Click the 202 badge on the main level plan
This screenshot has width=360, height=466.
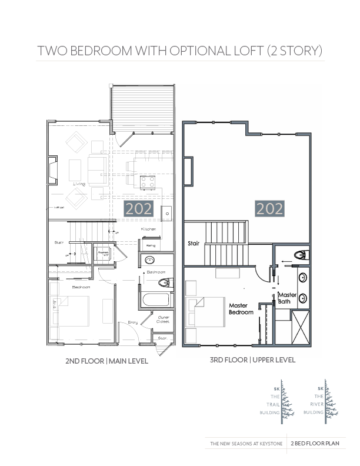click(139, 208)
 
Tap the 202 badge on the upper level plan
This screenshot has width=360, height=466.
click(269, 208)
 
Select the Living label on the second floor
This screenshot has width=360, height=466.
click(79, 184)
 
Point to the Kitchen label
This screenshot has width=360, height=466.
click(148, 229)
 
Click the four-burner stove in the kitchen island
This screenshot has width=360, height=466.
click(148, 182)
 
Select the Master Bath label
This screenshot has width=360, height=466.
click(287, 298)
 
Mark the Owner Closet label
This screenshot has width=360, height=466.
click(164, 319)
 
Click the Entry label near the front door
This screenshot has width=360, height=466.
click(133, 322)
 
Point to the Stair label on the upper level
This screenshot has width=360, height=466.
click(194, 242)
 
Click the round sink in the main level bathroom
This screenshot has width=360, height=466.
click(149, 259)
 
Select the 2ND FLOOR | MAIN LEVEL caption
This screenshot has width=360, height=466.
click(106, 361)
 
